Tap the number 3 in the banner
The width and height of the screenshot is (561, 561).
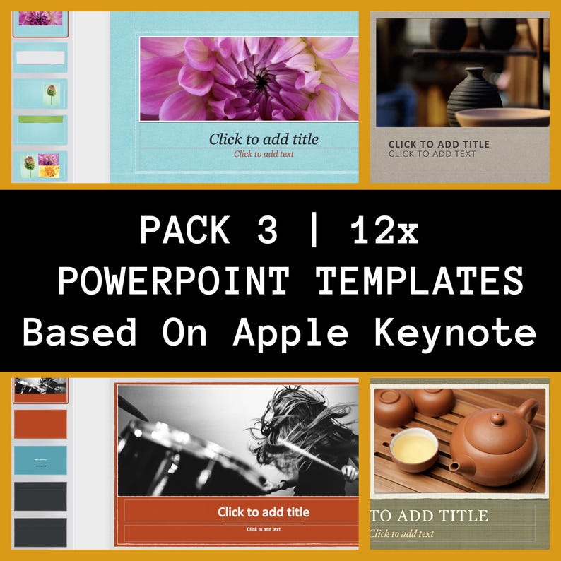click(267, 230)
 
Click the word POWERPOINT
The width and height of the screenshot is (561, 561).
click(174, 281)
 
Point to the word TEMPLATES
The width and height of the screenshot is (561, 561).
click(420, 281)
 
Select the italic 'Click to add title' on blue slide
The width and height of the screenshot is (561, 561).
click(264, 139)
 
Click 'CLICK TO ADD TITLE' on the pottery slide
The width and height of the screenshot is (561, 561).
click(439, 144)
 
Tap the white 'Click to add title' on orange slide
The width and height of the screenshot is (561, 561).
click(264, 512)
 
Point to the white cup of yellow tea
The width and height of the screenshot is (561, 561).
click(414, 447)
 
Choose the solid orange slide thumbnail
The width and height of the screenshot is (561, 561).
click(40, 423)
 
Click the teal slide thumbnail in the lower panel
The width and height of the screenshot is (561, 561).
click(40, 459)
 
